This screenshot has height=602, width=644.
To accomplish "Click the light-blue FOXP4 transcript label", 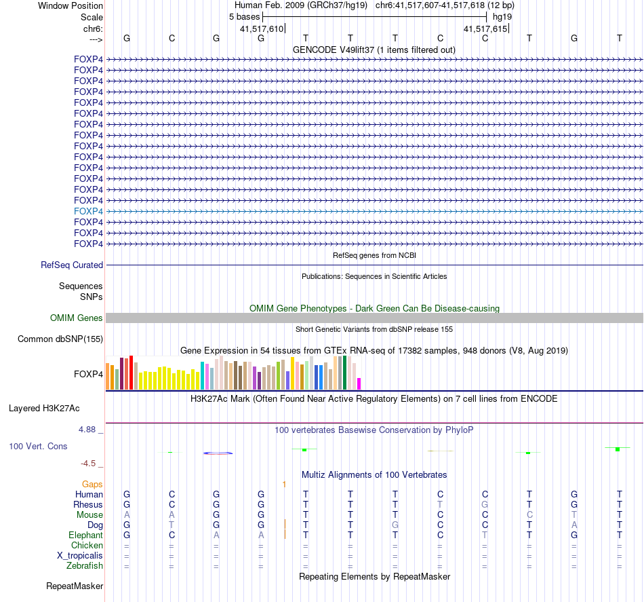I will tap(88, 211).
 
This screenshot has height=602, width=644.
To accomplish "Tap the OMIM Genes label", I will tap(77, 318).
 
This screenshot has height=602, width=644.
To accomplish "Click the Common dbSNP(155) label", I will tap(60, 339).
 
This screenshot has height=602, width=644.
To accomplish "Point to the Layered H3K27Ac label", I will tap(44, 409).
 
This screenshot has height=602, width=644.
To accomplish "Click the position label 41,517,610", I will tap(262, 29).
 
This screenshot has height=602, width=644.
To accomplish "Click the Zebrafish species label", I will tap(85, 565).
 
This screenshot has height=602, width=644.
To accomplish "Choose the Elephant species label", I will tap(85, 535).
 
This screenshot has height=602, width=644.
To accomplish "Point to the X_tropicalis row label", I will tap(80, 555).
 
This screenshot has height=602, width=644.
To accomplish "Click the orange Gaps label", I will tap(92, 484).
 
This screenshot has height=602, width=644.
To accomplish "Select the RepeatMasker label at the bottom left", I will tap(75, 586).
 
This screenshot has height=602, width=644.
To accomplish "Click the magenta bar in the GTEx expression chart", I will tap(359, 383).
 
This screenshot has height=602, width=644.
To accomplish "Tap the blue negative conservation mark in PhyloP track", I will tap(218, 453).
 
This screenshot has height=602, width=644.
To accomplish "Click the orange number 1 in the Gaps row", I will tap(285, 484).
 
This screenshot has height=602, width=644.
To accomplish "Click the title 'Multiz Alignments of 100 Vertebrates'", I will tap(374, 474).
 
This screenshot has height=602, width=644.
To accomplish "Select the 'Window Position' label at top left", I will tap(71, 5).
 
